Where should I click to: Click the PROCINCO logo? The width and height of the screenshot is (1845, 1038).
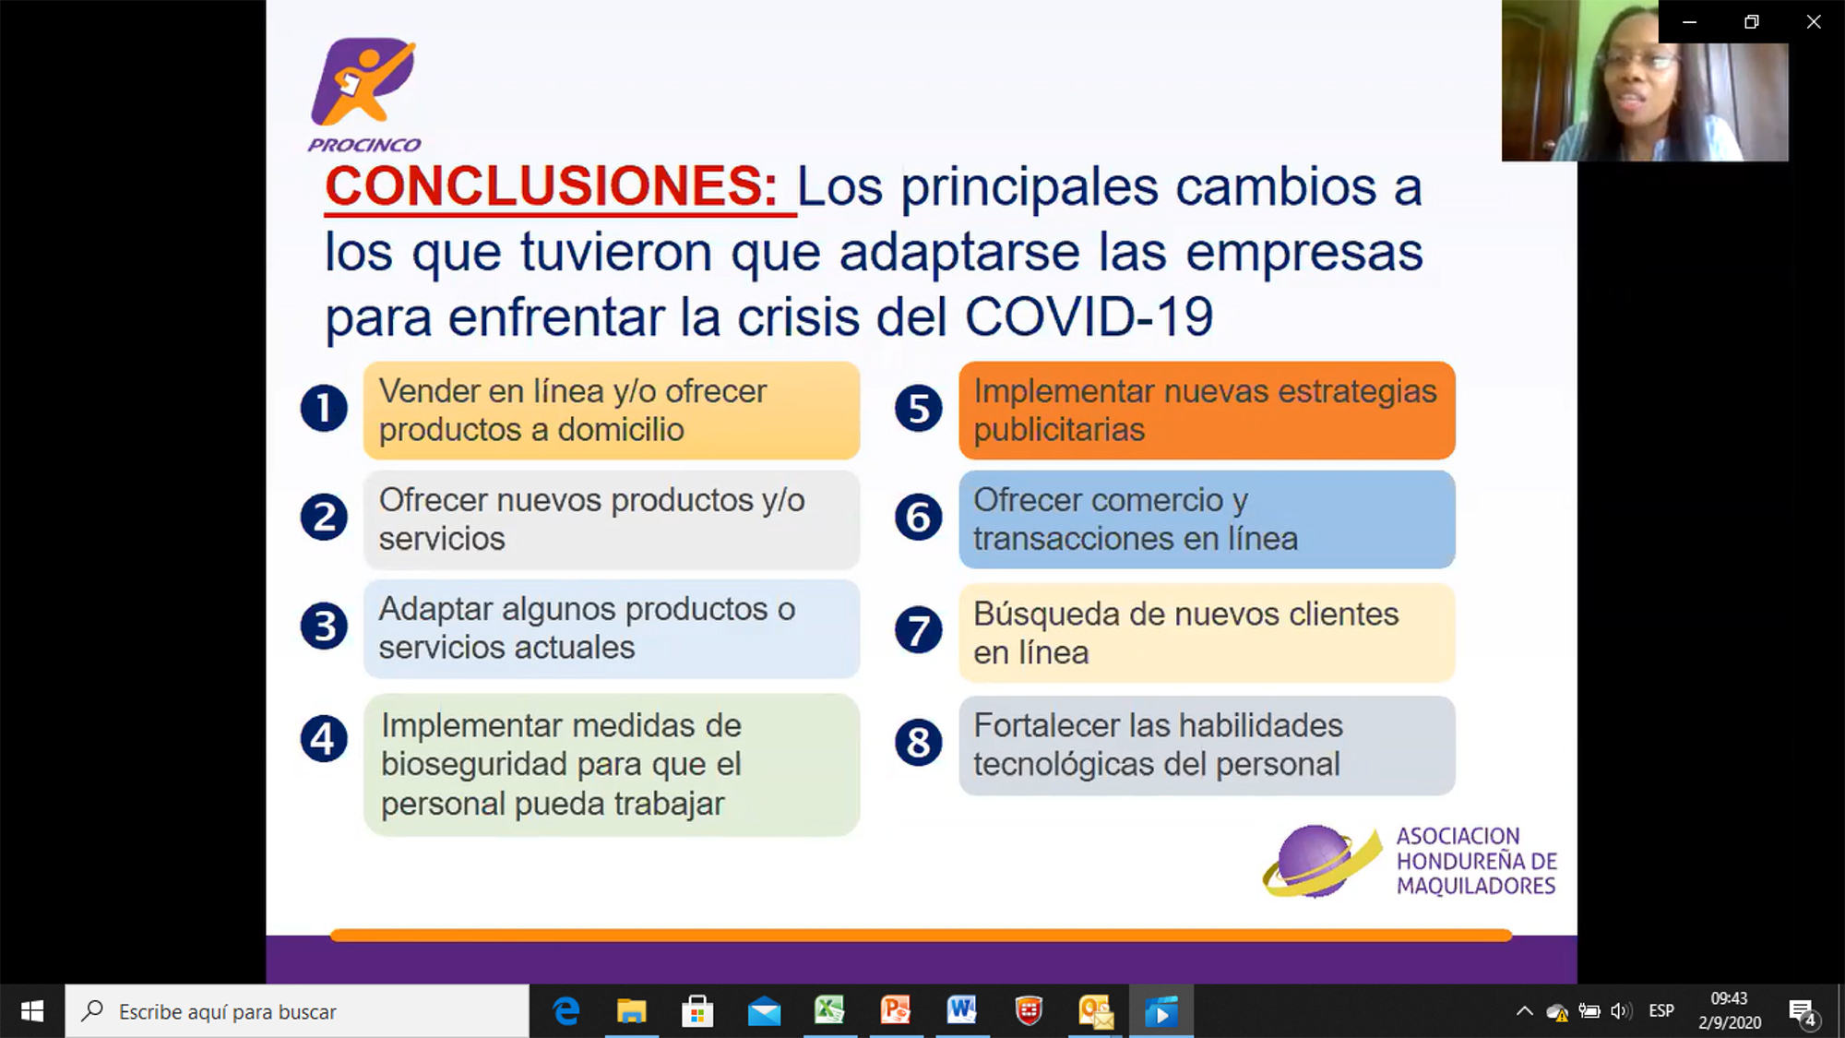(x=363, y=93)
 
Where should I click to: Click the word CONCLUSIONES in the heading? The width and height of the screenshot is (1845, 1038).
(x=552, y=186)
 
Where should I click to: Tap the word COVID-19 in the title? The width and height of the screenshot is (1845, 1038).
(x=1089, y=317)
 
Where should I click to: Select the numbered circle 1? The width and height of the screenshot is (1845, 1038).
(x=324, y=409)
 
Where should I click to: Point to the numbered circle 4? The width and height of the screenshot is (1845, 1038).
(x=324, y=739)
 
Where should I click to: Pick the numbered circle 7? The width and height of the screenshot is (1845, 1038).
(x=919, y=630)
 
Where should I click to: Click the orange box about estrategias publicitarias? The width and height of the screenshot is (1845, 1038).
(x=1207, y=411)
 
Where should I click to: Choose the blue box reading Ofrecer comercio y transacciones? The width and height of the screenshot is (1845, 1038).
(x=1207, y=519)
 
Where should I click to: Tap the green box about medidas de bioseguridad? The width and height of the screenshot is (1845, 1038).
(x=612, y=765)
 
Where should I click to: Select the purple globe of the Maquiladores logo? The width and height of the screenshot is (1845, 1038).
(x=1315, y=861)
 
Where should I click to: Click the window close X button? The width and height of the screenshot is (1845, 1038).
(x=1814, y=22)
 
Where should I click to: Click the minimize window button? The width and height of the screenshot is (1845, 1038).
(x=1690, y=22)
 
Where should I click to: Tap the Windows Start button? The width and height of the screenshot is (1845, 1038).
(x=32, y=1011)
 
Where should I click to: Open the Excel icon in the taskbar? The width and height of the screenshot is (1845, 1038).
(x=829, y=1011)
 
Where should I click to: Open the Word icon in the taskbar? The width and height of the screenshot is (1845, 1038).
(x=961, y=1011)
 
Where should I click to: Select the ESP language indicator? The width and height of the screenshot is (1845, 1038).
(x=1661, y=1011)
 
